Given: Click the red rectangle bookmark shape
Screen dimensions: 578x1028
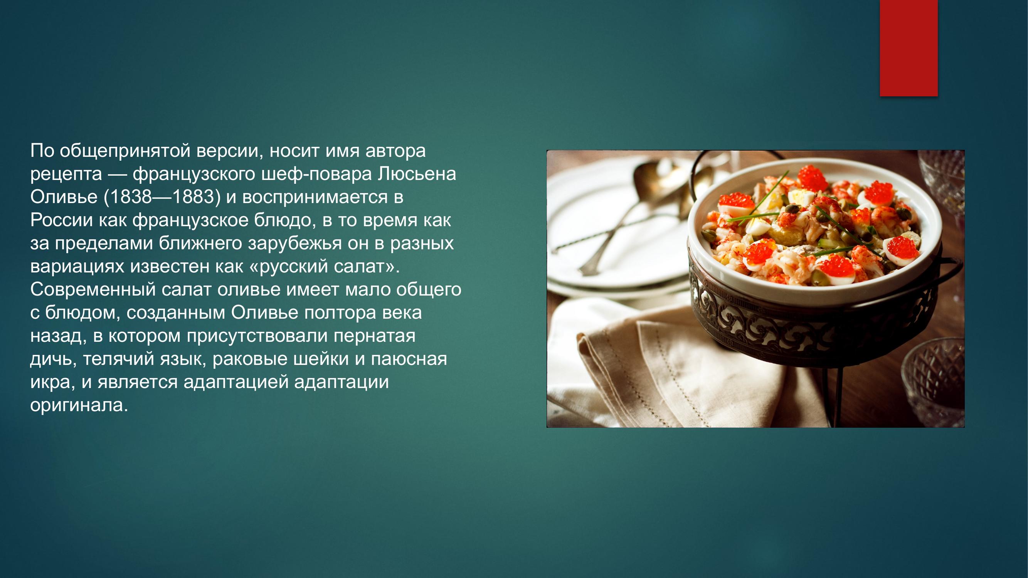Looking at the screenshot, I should (x=909, y=48).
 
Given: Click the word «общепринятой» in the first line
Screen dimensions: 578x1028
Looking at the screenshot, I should (x=125, y=151).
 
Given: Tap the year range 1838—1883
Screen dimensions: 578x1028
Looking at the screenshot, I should (x=162, y=197).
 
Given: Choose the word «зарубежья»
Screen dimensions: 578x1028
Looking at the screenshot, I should (x=294, y=243).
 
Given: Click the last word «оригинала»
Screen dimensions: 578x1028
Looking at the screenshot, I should (x=79, y=405).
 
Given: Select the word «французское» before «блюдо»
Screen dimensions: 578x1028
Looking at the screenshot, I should (x=190, y=220).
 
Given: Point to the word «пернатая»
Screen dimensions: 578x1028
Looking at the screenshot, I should (x=374, y=336).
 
